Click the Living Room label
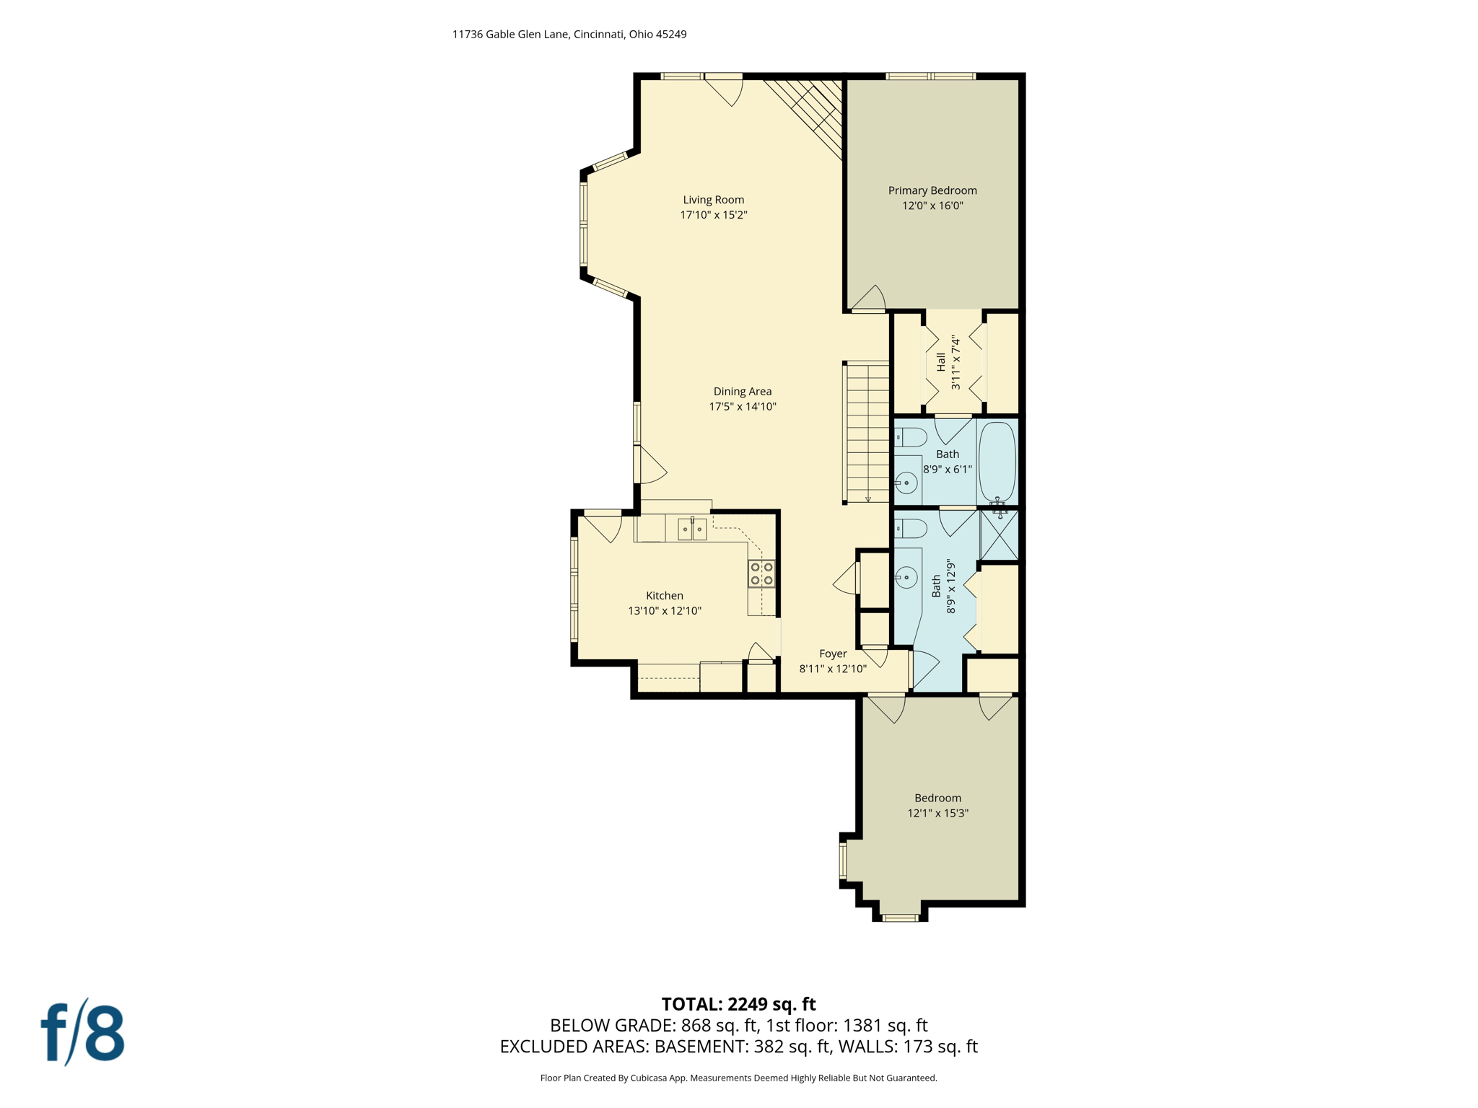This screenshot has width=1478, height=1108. click(713, 200)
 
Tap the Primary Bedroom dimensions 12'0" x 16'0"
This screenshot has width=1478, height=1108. click(932, 206)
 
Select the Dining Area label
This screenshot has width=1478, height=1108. click(742, 392)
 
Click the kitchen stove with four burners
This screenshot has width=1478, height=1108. click(761, 573)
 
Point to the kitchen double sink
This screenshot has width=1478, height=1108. click(691, 529)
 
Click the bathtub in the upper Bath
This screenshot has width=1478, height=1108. click(997, 461)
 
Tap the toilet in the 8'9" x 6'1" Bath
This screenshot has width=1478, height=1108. click(911, 437)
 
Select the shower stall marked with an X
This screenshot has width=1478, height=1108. click(999, 535)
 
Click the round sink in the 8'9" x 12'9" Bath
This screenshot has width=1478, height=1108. click(906, 577)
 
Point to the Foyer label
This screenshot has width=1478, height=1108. click(832, 654)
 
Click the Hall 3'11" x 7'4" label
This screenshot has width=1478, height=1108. click(948, 362)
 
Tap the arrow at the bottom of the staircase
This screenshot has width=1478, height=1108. click(867, 498)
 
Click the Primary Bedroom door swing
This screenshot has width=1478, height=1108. click(869, 299)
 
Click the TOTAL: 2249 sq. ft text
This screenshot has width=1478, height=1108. click(738, 1004)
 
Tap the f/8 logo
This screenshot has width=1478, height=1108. click(82, 1032)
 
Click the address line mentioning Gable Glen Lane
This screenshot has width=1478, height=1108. click(569, 34)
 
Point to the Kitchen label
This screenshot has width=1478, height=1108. click(664, 596)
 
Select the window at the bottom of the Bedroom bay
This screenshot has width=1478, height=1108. click(899, 918)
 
